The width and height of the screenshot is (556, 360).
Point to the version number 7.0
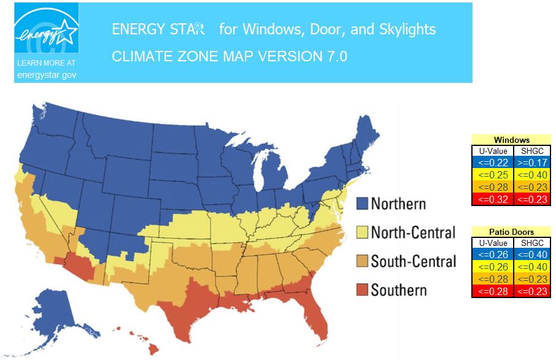334,56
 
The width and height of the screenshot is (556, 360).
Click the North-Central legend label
413,232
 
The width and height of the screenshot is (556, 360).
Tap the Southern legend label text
399,289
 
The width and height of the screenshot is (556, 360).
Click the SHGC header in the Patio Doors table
531,243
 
